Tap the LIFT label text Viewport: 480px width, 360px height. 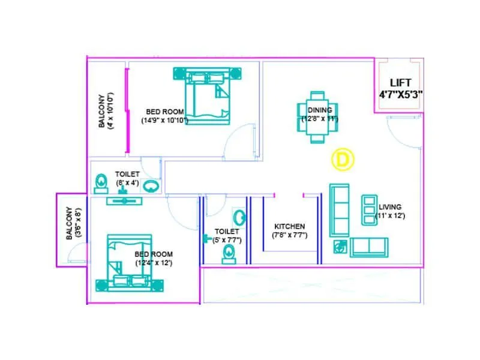tap(401, 83)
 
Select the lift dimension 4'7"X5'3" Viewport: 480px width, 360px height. tap(401, 94)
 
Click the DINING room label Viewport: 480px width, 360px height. tap(320, 110)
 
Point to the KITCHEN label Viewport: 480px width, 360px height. tap(290, 226)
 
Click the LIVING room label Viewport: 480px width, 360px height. tap(390, 207)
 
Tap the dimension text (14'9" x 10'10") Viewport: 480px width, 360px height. tap(165, 120)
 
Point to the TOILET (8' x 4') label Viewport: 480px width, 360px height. tap(127, 179)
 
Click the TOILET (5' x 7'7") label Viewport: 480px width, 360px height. tap(227, 235)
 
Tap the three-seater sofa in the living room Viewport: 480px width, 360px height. tap(340, 209)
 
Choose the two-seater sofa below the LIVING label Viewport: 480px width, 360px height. tap(368, 247)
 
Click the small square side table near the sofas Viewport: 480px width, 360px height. tap(340, 247)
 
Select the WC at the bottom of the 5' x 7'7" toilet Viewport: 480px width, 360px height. tap(229, 254)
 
